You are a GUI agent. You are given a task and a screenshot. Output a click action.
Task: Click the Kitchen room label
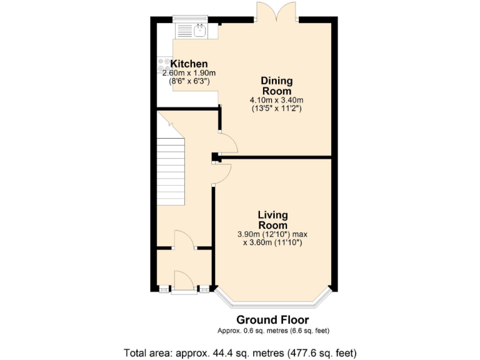(x=189, y=64)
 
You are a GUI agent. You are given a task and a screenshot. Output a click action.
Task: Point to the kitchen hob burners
(x=164, y=65)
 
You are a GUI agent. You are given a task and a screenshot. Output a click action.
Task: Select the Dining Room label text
(x=277, y=86)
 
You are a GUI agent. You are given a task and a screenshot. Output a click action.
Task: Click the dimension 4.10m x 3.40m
(x=277, y=100)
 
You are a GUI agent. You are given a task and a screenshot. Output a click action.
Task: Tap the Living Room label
(x=272, y=220)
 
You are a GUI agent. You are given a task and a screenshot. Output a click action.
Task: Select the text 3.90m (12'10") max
(x=272, y=234)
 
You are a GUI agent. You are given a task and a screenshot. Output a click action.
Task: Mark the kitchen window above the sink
(x=189, y=18)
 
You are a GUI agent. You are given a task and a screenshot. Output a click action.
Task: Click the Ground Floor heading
(x=272, y=320)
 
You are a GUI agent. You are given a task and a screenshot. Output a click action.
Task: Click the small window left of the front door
(x=164, y=289)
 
